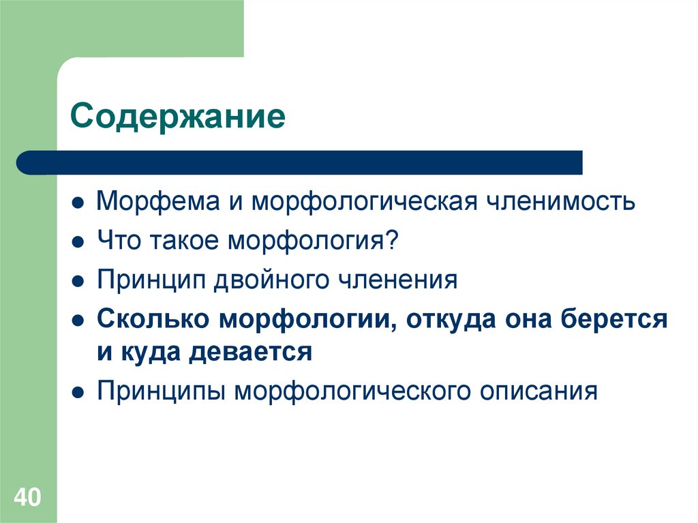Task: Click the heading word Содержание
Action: click(177, 117)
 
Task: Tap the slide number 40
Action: click(28, 496)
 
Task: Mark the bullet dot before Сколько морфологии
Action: click(79, 319)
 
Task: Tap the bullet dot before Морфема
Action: click(79, 203)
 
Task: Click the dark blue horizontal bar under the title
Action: click(300, 163)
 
